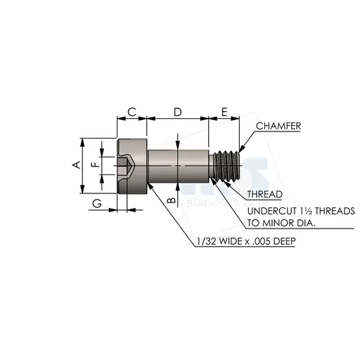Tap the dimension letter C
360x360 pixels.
pos(131,112)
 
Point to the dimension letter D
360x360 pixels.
pos(178,112)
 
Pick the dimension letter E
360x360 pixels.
pos(224,112)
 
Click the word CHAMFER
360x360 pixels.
pos(278,126)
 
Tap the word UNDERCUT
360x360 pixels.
pos(275,211)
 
